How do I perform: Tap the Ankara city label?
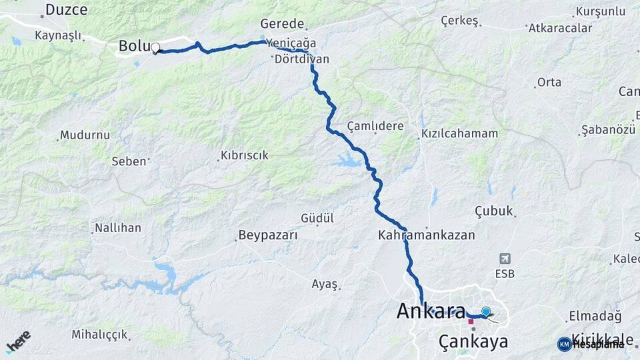pos(430,311)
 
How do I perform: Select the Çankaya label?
pos(473,342)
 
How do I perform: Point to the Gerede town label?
pos(282,23)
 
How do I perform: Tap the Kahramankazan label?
pos(426,235)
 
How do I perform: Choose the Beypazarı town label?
pos(267,235)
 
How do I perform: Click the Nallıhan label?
pos(118,228)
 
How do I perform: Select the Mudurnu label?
pos(84,135)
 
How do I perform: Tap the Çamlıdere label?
pos(375,126)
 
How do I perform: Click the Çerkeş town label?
pos(460,21)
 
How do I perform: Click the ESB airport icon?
pos(505,259)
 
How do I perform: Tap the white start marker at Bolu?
pos(155,47)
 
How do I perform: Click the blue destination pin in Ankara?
pos(485,311)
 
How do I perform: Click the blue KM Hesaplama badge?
pos(591,344)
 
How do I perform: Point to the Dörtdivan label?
pos(301,59)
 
